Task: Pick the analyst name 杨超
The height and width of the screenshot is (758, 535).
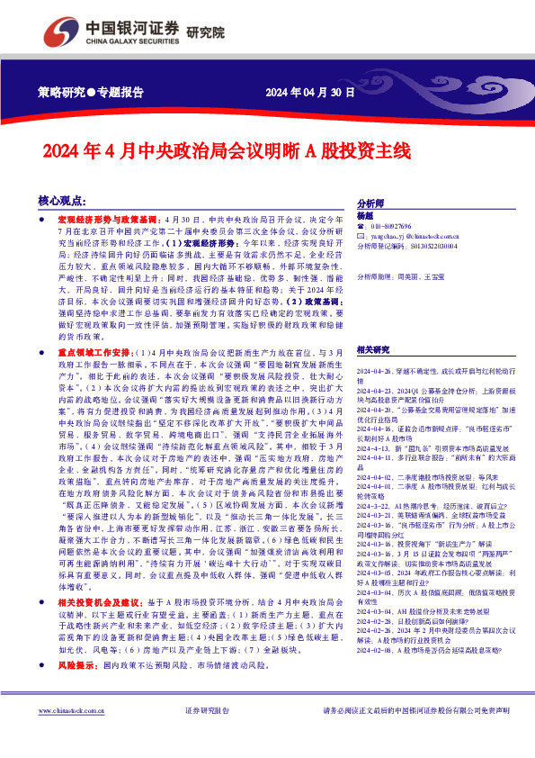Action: [x=364, y=217]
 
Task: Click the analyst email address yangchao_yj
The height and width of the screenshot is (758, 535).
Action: [x=415, y=236]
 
